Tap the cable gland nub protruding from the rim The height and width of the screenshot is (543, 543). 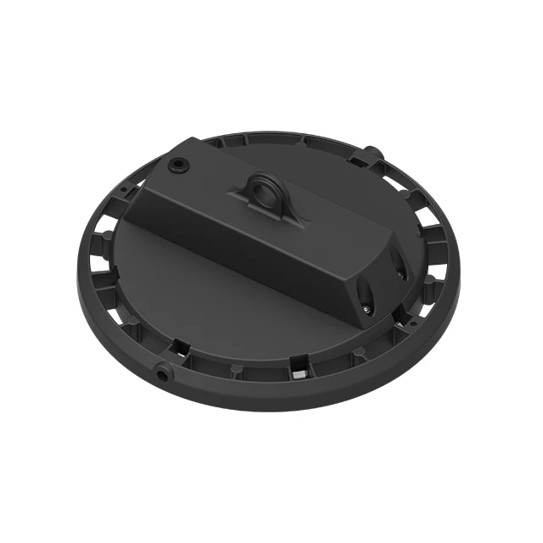pyautogui.click(x=371, y=154)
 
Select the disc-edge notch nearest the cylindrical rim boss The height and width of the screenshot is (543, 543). pyautogui.click(x=181, y=346)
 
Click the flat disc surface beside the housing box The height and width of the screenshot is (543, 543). pyautogui.click(x=212, y=288)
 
